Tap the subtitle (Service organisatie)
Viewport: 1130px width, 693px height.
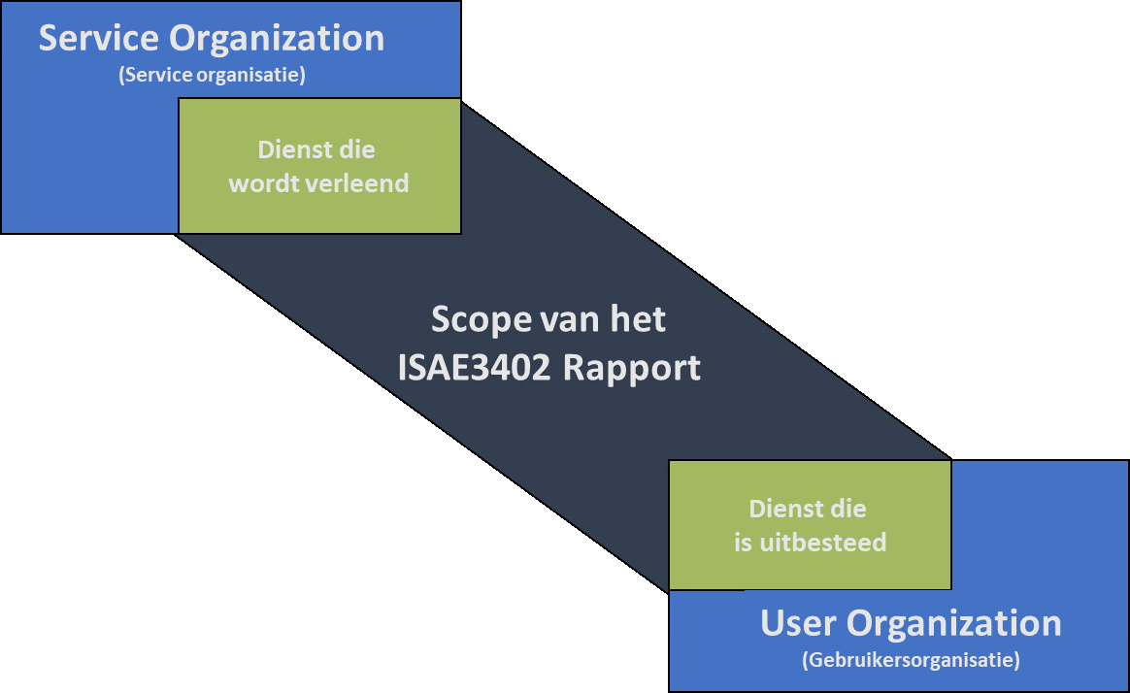[x=212, y=75]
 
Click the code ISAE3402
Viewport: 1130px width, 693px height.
[x=470, y=369]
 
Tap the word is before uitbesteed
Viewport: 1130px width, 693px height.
[x=743, y=542]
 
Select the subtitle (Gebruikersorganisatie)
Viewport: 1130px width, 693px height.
[x=911, y=661]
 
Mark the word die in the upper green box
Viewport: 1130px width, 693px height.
[x=357, y=150]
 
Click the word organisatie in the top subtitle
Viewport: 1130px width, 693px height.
[x=251, y=75]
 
